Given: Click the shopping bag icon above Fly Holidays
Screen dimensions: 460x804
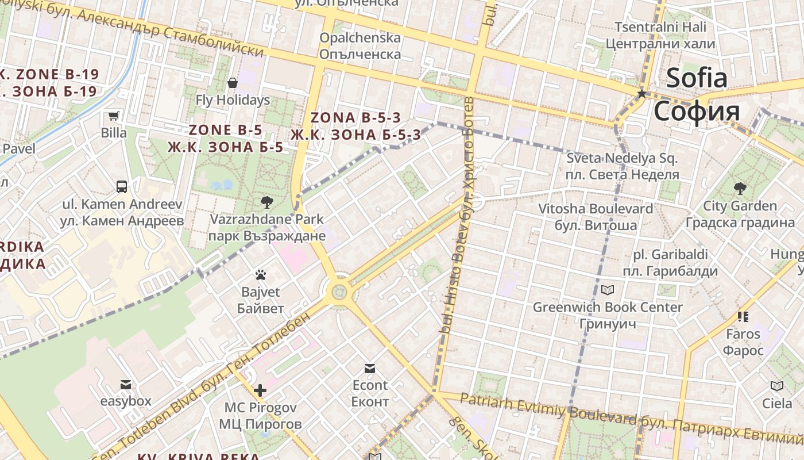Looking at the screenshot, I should (x=233, y=83).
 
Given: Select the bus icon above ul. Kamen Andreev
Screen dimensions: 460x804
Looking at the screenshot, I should (x=122, y=186).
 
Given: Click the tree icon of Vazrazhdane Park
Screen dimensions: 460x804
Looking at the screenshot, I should (x=266, y=202).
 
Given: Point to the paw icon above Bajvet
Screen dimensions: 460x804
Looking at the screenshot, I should (x=261, y=275).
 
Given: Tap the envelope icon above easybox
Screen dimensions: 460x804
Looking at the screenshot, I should (x=126, y=384).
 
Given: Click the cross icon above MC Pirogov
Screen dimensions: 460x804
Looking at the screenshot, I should (x=260, y=390).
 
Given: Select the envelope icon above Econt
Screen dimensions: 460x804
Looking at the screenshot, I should (x=370, y=368).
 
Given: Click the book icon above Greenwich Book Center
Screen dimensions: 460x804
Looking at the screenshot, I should (x=608, y=290).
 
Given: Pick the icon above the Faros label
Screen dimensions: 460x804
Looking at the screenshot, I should (x=743, y=316).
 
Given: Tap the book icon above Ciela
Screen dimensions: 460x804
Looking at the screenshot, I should (x=777, y=386).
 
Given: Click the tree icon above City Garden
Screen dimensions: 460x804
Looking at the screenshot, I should (x=740, y=188).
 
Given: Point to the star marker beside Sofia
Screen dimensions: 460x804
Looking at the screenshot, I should (x=641, y=93).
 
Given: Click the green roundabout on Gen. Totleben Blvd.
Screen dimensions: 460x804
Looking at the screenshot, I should (x=340, y=291).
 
